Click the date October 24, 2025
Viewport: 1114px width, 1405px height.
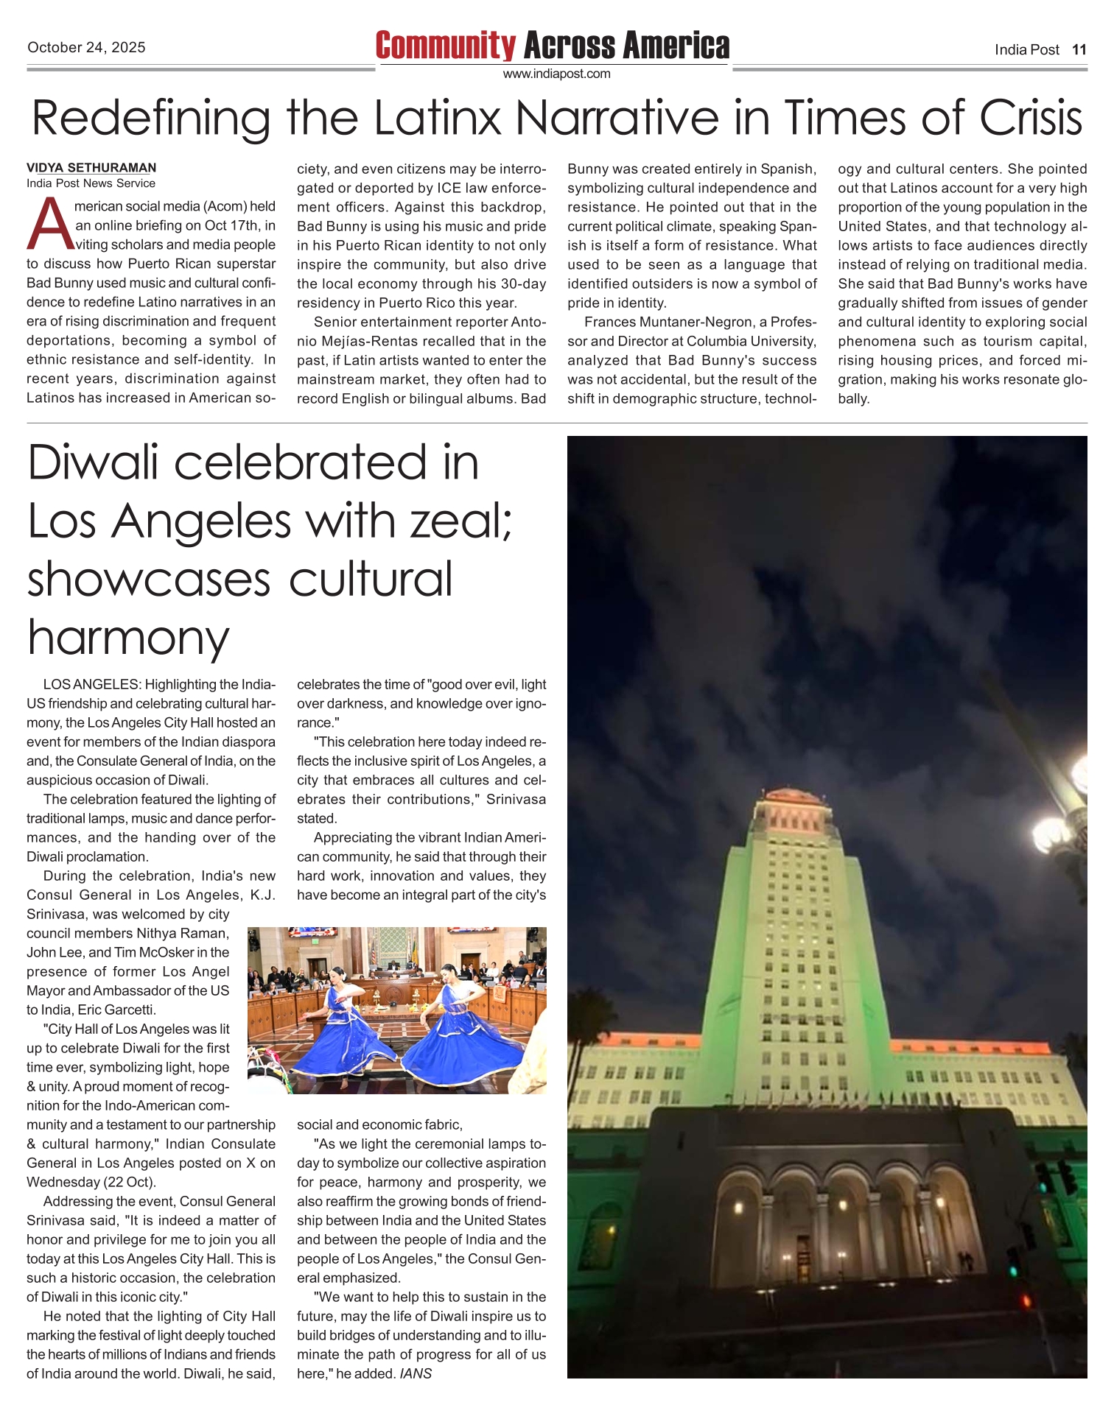86,48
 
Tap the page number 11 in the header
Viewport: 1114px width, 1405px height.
1079,50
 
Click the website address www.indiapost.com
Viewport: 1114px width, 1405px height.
556,74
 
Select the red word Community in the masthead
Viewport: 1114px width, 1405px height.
445,46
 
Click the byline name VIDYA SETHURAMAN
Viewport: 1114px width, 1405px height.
91,168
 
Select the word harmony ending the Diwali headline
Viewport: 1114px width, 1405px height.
129,638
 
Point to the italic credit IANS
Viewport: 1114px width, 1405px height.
416,1374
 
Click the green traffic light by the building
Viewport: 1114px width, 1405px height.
1015,1270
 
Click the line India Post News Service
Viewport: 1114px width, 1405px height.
91,183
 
